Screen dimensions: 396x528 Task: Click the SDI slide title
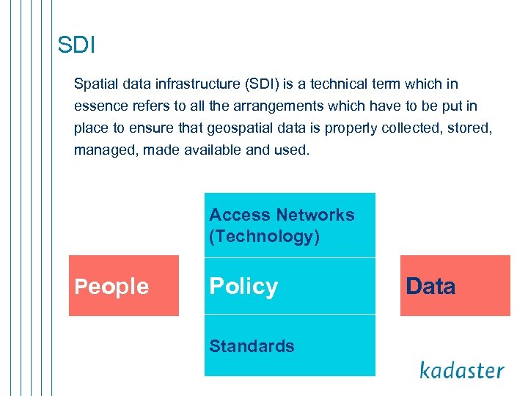click(76, 45)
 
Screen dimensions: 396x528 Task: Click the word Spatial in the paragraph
click(96, 84)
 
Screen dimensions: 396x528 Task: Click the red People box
click(123, 286)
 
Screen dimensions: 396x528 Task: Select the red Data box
click(455, 286)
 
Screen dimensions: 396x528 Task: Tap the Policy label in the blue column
click(243, 287)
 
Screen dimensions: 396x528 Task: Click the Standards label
click(252, 346)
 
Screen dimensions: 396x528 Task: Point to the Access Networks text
click(282, 215)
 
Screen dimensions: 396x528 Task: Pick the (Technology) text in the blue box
click(264, 236)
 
